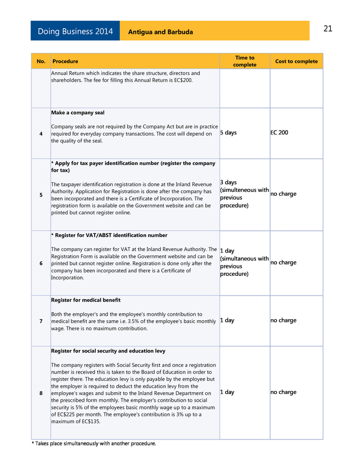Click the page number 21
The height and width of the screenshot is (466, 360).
328,29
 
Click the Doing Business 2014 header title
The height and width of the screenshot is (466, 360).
75,32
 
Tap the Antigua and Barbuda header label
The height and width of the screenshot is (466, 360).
160,32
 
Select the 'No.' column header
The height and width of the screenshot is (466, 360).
40,61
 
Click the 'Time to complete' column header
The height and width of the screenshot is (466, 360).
244,61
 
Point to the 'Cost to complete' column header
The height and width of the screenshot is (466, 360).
296,61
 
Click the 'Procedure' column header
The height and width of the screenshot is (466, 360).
65,61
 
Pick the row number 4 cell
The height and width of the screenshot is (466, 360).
40,133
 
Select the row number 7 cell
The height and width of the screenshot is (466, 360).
40,321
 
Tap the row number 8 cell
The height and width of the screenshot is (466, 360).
40,393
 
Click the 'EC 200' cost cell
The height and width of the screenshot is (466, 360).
279,133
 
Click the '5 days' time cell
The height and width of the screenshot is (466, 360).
228,133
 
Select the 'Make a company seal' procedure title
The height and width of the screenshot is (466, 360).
78,113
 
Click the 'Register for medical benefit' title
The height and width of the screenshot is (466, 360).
85,300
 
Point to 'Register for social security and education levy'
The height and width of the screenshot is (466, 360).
108,351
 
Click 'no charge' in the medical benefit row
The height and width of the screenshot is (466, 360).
283,320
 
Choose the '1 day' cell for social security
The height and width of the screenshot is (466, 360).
227,392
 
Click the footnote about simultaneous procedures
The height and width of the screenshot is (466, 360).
93,443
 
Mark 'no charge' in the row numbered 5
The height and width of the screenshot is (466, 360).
283,194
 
